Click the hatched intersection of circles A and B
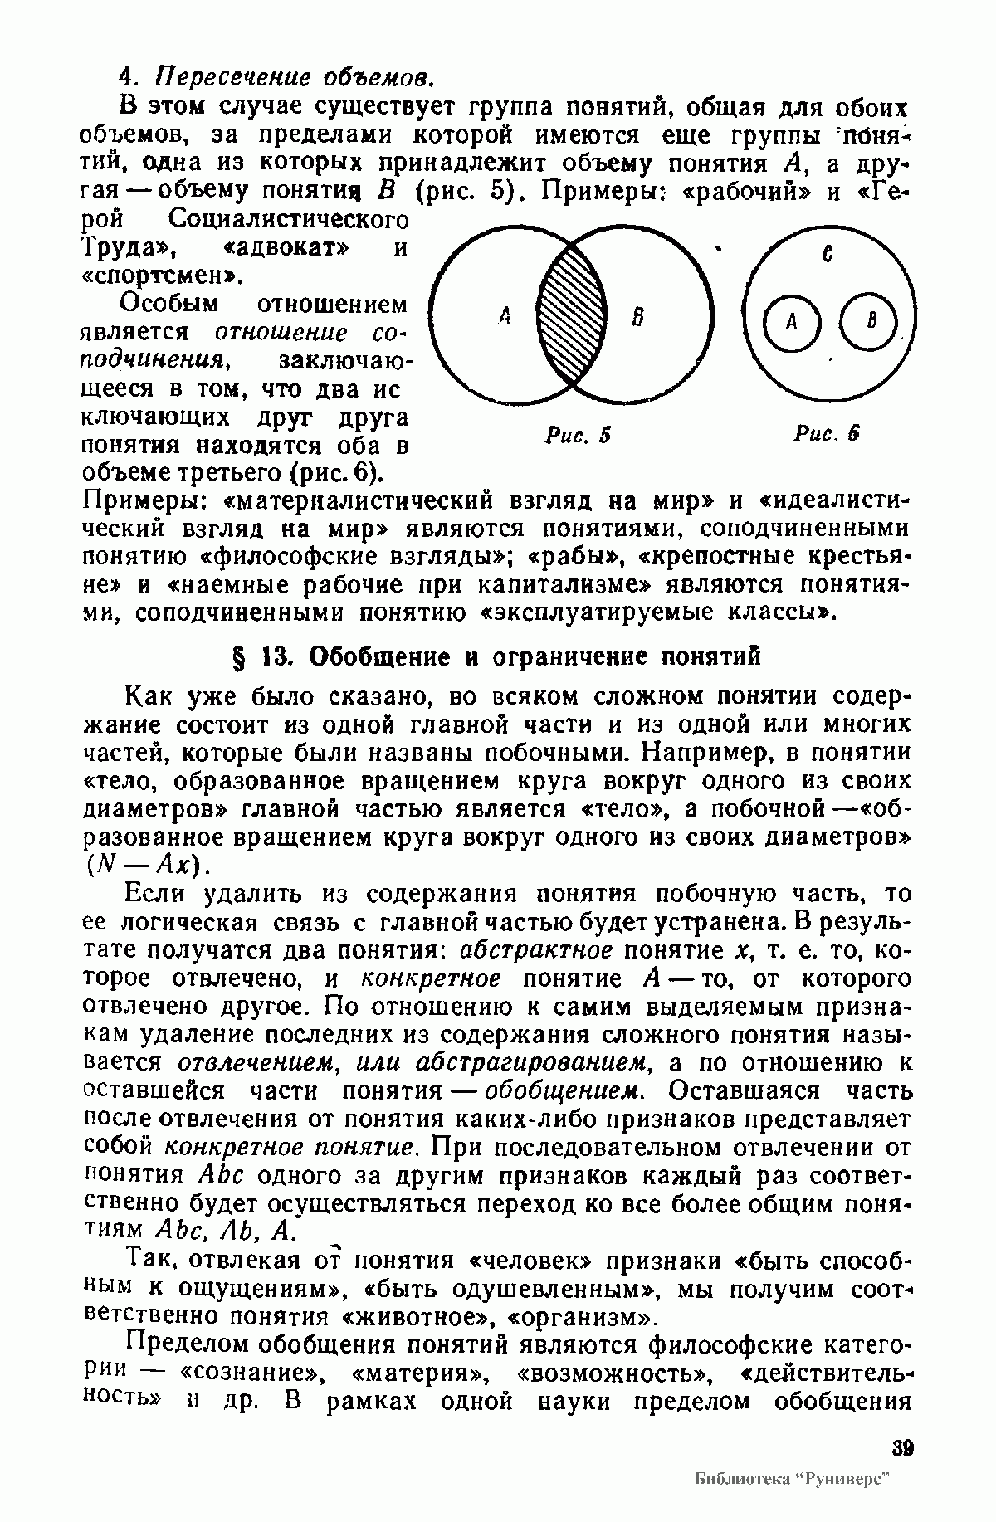coord(571,315)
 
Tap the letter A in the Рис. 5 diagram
coord(502,315)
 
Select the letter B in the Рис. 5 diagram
coord(637,316)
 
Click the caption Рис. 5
coord(578,433)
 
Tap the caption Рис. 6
coord(825,433)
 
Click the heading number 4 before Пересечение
coord(126,78)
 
